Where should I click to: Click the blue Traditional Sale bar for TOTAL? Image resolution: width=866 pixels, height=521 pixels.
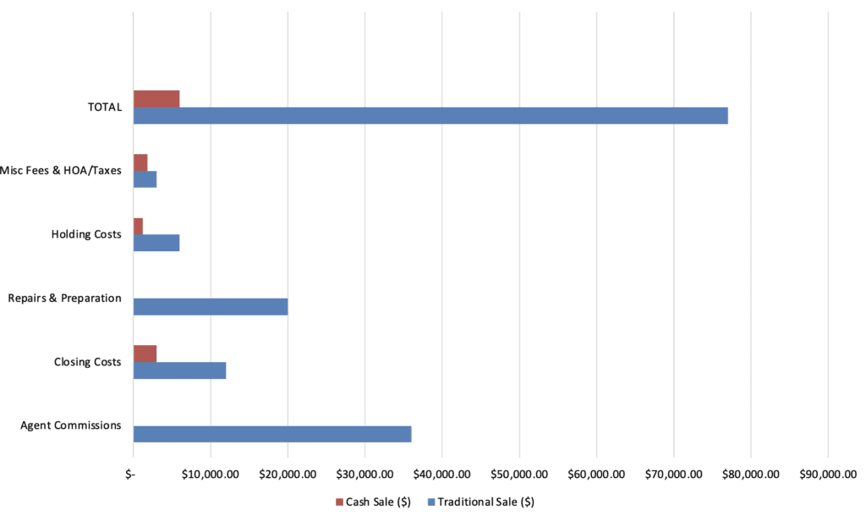tap(430, 116)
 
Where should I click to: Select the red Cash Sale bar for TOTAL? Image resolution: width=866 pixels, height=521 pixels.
tap(156, 99)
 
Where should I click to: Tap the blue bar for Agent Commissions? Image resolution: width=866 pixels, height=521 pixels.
tap(272, 434)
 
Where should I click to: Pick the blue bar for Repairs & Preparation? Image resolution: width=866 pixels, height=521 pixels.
tap(211, 306)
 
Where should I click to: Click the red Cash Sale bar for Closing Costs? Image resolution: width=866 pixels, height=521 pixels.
tap(145, 354)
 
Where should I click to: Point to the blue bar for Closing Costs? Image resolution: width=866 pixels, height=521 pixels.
tap(179, 370)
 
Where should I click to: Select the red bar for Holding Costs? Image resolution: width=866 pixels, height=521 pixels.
tap(138, 226)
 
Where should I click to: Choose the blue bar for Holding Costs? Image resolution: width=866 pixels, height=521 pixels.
tap(156, 243)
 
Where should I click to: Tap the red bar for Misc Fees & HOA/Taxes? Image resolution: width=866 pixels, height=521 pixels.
tap(140, 162)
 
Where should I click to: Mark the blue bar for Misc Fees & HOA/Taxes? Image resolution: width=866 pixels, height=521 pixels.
tap(145, 179)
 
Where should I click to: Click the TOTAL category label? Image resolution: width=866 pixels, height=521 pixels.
tap(105, 107)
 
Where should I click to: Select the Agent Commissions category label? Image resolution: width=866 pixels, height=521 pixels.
tap(71, 425)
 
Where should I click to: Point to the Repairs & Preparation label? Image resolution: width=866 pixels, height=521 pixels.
tap(65, 299)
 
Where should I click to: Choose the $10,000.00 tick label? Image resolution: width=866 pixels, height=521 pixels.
tap(211, 474)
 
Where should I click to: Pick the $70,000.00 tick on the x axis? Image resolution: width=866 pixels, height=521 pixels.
tap(673, 474)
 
